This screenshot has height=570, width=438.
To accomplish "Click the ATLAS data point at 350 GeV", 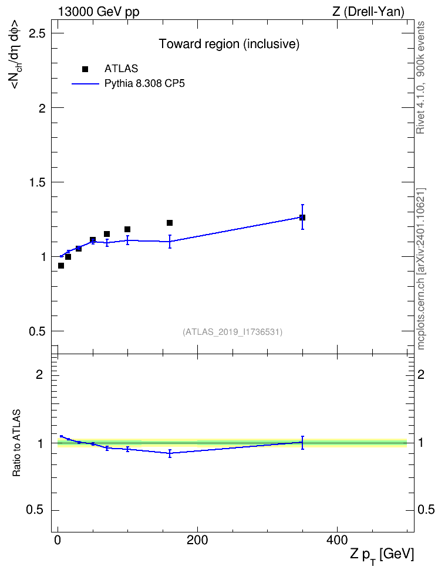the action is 302,218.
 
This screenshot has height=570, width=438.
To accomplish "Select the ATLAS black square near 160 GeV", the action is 170,223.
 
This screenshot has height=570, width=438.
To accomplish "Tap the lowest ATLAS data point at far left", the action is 61,266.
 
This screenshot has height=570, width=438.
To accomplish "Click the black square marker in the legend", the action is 85,69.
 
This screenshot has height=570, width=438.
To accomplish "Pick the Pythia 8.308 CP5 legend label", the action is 144,84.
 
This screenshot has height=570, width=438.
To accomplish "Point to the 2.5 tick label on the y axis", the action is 37,33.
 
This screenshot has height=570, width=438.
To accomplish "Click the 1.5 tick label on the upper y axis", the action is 37,182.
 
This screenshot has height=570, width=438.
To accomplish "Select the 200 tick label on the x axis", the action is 197,540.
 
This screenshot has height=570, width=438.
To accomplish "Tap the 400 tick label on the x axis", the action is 337,540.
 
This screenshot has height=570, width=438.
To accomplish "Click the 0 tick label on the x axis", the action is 58,540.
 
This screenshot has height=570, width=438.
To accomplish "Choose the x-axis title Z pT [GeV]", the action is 382,555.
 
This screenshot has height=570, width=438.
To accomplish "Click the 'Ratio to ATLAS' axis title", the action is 16,443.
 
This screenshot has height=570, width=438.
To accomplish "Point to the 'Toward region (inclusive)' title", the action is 229,44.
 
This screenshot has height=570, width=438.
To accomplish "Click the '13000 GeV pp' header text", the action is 99,12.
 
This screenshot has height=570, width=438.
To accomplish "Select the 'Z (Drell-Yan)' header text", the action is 368,12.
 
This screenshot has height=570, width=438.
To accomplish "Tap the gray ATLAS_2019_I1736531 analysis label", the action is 233,332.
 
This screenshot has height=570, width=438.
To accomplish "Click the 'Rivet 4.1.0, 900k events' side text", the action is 421,78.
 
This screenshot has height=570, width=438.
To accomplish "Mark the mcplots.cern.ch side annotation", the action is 421,269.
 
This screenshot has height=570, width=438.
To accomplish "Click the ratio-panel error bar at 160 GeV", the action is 170,453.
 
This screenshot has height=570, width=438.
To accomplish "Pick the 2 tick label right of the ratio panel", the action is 421,374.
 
